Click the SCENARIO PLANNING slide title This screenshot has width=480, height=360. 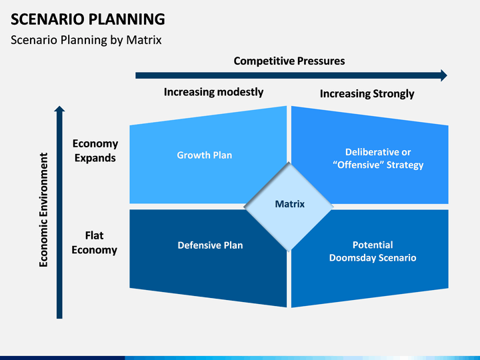[88, 19]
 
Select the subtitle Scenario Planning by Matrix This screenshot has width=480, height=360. [86, 40]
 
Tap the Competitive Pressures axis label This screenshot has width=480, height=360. [289, 61]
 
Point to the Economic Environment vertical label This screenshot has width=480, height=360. [44, 210]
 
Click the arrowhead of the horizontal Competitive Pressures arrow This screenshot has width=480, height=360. [444, 75]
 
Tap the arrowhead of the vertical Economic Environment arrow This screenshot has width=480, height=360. [59, 109]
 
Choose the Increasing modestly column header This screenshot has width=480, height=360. [214, 92]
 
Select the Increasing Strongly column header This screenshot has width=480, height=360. [367, 93]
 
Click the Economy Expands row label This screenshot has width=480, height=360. [95, 151]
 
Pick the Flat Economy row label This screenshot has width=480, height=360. [94, 243]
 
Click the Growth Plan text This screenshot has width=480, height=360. [205, 155]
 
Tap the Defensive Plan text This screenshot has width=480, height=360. [210, 245]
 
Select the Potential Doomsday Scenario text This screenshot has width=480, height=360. [373, 251]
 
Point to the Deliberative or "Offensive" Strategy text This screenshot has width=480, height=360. [378, 159]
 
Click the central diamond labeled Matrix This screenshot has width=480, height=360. [289, 207]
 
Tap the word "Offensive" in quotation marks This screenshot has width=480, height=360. [358, 165]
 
